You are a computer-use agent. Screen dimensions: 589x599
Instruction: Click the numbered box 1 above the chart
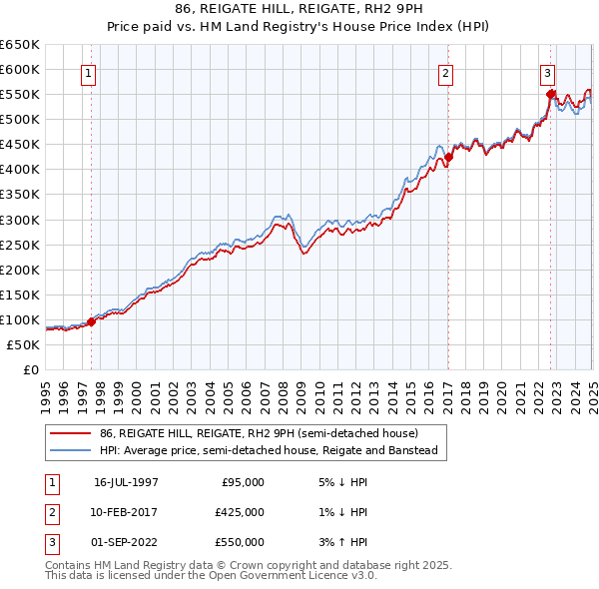[x=89, y=73]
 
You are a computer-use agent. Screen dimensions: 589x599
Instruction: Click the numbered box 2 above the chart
[x=445, y=73]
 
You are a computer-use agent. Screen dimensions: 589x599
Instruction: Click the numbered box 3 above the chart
[x=548, y=73]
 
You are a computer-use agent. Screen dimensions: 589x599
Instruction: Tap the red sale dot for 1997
[x=92, y=321]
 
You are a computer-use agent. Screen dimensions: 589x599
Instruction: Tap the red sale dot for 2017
[x=448, y=157]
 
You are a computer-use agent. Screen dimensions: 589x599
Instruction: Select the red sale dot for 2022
[x=550, y=94]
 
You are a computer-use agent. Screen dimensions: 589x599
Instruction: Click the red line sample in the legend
[x=71, y=433]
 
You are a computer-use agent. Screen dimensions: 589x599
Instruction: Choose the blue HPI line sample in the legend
[x=71, y=451]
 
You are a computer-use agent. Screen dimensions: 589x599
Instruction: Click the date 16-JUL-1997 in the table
[x=126, y=481]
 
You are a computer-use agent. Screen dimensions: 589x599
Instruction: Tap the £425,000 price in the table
[x=241, y=512]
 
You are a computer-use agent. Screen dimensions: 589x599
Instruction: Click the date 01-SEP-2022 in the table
[x=126, y=542]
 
